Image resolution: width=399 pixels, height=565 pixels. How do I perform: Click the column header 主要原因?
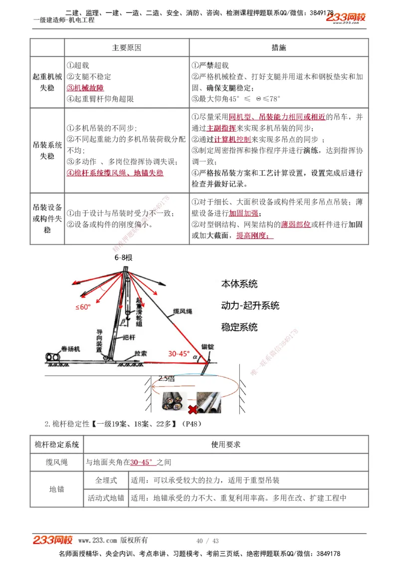pos(126,48)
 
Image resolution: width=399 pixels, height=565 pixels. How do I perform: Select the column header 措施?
pos(279,48)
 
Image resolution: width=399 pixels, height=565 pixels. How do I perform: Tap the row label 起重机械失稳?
pos(47,82)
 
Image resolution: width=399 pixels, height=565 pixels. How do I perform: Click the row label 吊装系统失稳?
pos(47,150)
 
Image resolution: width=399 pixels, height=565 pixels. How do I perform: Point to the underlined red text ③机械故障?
pos(85,88)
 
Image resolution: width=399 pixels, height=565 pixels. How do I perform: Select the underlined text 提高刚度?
pos(254,236)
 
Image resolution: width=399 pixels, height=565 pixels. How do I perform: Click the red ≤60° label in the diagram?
pos(83,307)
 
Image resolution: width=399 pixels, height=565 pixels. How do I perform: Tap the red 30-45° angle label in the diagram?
pos(179,353)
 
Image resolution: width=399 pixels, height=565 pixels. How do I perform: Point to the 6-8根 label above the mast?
pos(123,258)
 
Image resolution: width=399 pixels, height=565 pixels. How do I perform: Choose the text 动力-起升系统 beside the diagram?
pos(250,305)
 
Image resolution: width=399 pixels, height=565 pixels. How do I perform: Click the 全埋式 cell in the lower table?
pos(106,481)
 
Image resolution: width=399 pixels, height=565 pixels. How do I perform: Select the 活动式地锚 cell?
pos(106,498)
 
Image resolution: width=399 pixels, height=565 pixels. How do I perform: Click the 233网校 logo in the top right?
pos(346,17)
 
